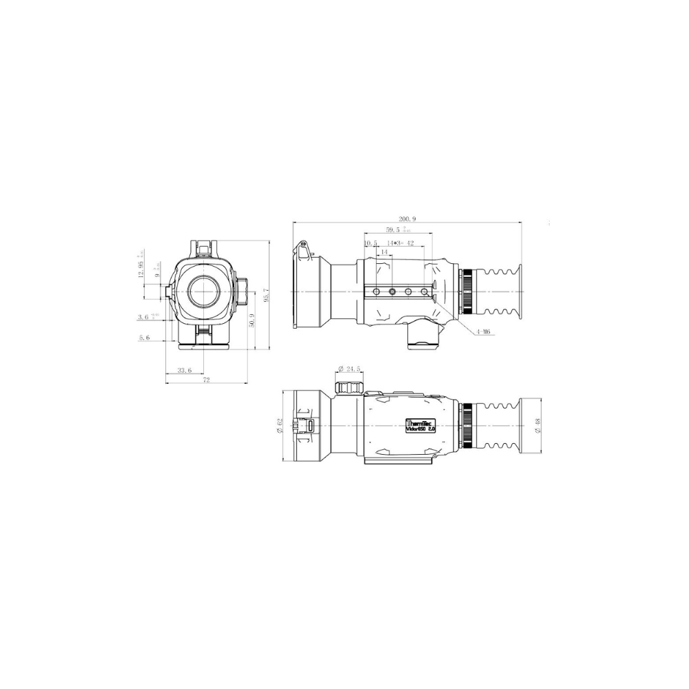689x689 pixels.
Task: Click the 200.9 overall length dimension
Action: point(407,218)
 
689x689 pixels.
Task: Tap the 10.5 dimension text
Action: point(371,243)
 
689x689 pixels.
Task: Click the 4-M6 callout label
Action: point(482,331)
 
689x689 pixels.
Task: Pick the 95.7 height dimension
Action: point(266,294)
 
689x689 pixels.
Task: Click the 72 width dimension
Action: point(205,380)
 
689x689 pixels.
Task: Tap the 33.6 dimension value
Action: point(184,370)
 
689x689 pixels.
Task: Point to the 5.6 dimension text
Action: point(144,338)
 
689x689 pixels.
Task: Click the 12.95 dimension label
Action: point(141,269)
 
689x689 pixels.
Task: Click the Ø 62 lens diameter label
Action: point(279,426)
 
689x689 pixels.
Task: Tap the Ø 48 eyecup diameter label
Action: point(537,426)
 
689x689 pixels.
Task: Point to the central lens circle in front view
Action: point(205,290)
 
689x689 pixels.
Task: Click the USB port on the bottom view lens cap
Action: point(310,426)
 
